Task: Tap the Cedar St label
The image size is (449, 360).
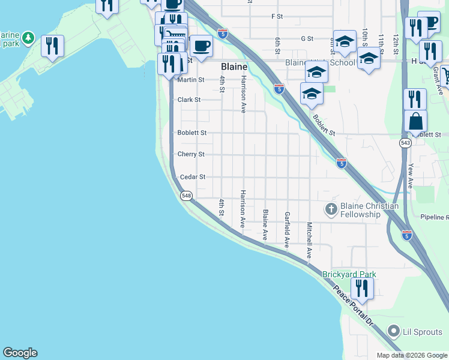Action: click(193, 177)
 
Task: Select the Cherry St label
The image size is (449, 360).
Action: click(191, 154)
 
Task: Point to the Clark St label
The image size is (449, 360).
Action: click(188, 100)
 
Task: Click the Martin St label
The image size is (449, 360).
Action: click(191, 79)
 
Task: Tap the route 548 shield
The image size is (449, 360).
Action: click(186, 196)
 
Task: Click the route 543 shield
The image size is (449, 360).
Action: click(406, 143)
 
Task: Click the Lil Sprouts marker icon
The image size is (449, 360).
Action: click(394, 331)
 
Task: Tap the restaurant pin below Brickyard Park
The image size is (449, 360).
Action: click(362, 288)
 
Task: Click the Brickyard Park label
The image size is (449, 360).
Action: click(349, 274)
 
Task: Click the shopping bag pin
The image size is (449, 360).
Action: click(415, 122)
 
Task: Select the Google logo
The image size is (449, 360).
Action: click(20, 353)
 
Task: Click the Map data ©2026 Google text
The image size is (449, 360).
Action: click(411, 355)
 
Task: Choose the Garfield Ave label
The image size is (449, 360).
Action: click(288, 230)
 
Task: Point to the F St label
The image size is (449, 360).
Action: click(277, 16)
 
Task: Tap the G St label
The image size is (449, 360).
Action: click(307, 38)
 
